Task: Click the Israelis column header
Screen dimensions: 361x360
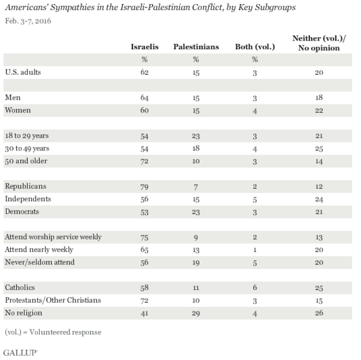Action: (145, 47)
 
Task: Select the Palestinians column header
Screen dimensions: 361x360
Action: (196, 47)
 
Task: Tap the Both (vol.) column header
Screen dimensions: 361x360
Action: (255, 47)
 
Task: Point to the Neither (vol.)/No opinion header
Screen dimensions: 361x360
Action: (319, 43)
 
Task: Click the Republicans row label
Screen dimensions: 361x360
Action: (26, 186)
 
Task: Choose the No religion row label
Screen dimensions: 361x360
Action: (24, 313)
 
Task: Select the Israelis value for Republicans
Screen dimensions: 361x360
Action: (144, 187)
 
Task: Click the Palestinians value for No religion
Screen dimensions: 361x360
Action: (196, 313)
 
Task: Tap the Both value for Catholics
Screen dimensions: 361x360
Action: (255, 288)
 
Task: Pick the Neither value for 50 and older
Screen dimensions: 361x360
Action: (319, 161)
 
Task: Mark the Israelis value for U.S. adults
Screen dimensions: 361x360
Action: (144, 72)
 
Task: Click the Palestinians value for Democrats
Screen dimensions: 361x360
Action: (196, 212)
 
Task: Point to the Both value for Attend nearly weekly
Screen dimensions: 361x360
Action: (255, 250)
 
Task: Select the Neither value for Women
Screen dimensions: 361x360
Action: (319, 111)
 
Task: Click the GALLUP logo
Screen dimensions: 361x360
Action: (20, 353)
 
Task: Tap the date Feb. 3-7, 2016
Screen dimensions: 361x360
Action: (28, 21)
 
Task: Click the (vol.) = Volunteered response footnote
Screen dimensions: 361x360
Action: (53, 332)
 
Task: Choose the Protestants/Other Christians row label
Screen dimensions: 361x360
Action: (53, 300)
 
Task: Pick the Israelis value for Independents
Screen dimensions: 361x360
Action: (144, 199)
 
